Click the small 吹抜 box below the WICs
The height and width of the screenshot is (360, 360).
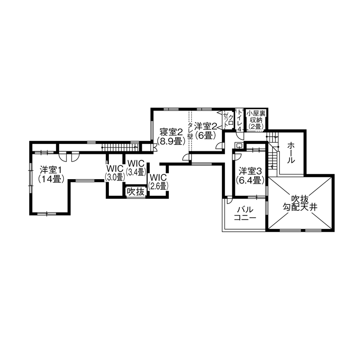click(x=135, y=192)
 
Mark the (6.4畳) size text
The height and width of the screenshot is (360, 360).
click(x=250, y=180)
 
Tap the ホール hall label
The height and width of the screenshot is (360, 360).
click(x=291, y=153)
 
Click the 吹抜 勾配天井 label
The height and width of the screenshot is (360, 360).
click(x=300, y=203)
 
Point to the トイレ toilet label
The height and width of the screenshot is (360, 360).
click(x=240, y=120)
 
